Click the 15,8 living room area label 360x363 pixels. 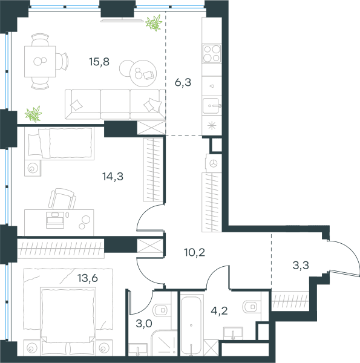coord(99,62)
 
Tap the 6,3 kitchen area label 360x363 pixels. coord(183,82)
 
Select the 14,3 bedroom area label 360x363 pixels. coord(113,177)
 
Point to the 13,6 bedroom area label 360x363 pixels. coord(88,278)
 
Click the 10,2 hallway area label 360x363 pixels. coord(195,252)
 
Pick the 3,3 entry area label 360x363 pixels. coord(301,266)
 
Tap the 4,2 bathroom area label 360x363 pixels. coord(219,311)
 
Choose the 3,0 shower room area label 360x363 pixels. coord(144,324)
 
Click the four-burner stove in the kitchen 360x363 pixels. coord(212,54)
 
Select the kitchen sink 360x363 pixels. coord(212,106)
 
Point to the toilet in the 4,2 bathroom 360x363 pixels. coord(252,307)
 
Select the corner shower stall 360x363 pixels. coord(164,343)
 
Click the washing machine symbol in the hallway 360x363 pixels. coord(213,164)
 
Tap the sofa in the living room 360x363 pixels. coord(115,105)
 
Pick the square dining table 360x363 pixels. coord(40,61)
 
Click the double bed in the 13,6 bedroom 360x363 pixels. coord(68,321)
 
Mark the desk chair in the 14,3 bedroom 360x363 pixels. coord(62,198)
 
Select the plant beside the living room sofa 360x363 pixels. coord(34,114)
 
